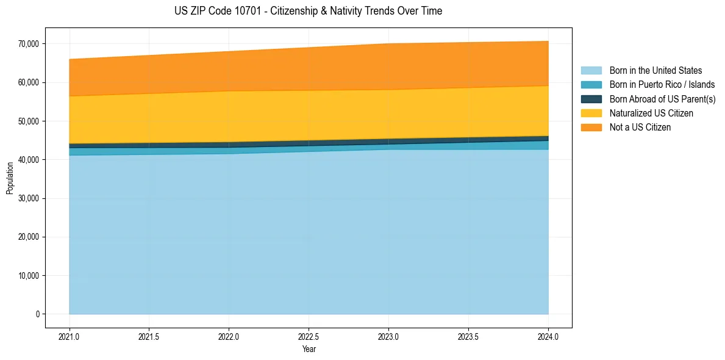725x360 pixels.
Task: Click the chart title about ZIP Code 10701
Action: click(308, 11)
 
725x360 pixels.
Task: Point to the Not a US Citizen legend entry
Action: click(640, 128)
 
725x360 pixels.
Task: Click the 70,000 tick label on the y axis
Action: click(29, 44)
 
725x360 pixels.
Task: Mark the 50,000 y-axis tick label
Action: click(29, 121)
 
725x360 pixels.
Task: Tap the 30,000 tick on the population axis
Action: click(29, 198)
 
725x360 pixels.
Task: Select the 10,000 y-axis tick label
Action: click(29, 276)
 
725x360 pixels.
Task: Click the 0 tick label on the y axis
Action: click(37, 314)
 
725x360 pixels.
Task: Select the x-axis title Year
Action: click(309, 350)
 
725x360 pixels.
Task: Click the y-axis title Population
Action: click(10, 178)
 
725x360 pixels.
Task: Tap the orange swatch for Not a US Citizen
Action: click(591, 128)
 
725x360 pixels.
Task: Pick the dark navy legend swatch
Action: click(591, 99)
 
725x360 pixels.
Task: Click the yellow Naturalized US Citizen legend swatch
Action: click(591, 113)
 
